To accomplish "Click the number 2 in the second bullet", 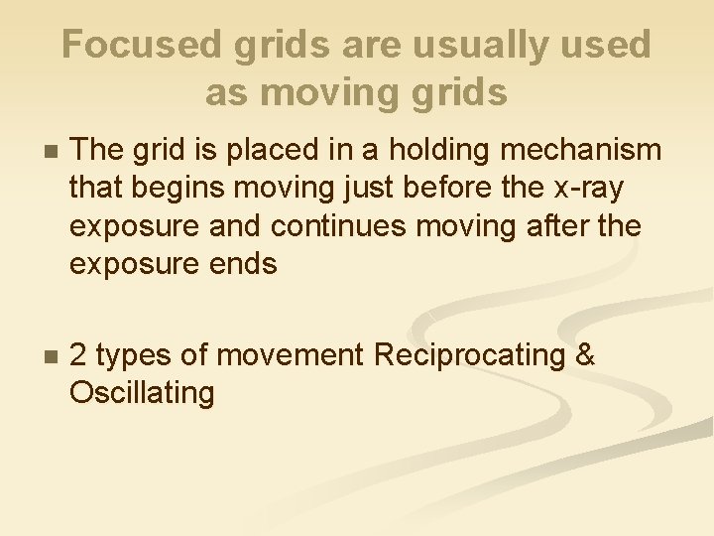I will point(80,355).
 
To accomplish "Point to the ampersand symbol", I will point(585,355).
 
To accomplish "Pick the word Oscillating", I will point(142,394).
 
